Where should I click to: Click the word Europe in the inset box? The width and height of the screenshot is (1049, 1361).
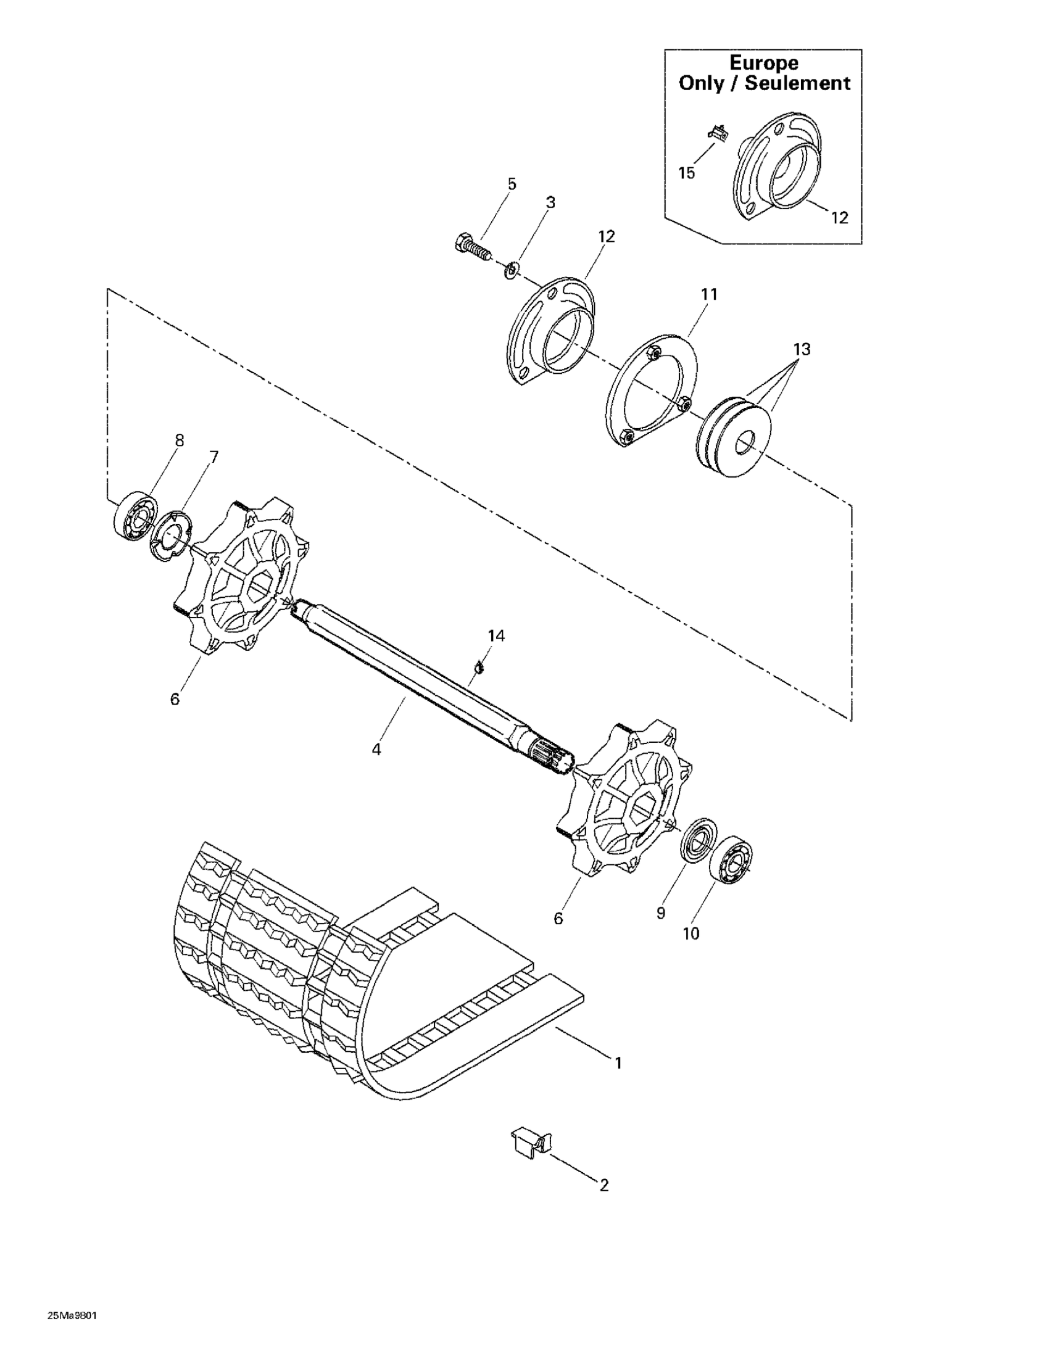763,63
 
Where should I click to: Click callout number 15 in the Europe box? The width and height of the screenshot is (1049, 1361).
686,173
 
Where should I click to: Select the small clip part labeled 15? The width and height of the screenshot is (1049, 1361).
717,133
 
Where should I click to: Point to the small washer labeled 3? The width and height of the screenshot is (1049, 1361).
510,270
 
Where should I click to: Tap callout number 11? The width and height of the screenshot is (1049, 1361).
709,294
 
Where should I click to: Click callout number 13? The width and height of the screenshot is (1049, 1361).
802,350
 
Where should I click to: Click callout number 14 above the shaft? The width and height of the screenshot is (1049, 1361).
496,635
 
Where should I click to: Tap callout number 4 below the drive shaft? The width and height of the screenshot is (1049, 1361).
376,749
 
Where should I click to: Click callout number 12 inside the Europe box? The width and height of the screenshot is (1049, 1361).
839,218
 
